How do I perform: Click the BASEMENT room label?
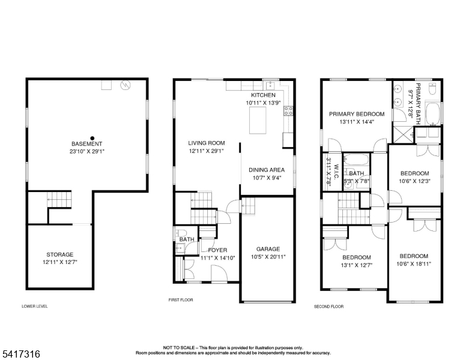coord(87,144)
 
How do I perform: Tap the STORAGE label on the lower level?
coord(59,254)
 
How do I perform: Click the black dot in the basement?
coord(92,138)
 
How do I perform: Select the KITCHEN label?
coord(263,95)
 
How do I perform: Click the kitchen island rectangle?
coord(258,120)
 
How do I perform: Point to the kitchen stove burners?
coord(288,111)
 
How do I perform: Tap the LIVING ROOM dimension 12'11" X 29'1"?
coord(206,151)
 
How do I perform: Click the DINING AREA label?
coord(267,170)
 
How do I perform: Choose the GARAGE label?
coord(268,249)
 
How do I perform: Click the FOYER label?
coord(217,250)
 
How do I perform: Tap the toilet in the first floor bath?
coord(180,232)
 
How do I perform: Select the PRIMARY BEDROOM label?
coord(357,114)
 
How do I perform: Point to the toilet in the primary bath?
coord(432,89)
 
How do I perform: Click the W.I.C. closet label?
coord(337,172)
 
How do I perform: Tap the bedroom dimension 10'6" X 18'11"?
coord(414,264)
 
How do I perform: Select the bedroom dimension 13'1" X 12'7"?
coord(357,265)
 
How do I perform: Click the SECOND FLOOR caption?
coord(328,307)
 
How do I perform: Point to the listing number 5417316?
coord(21,354)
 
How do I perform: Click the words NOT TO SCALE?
coord(179,347)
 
